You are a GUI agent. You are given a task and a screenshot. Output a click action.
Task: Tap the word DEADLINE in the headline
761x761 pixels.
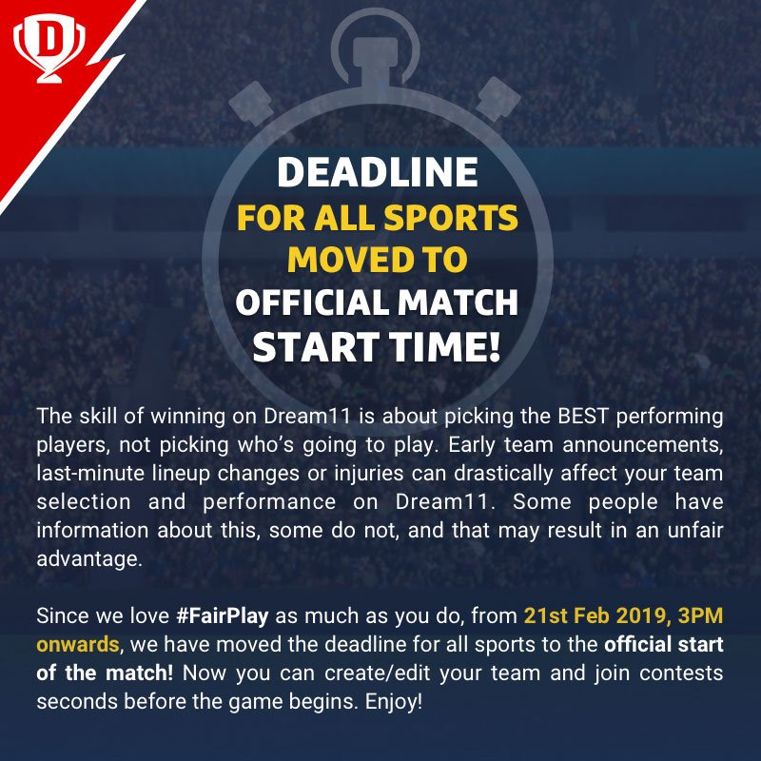coord(377,171)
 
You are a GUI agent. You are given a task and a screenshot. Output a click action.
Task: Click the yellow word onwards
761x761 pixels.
coord(78,644)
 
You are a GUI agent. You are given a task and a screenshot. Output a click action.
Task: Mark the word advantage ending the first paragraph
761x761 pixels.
coord(88,559)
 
